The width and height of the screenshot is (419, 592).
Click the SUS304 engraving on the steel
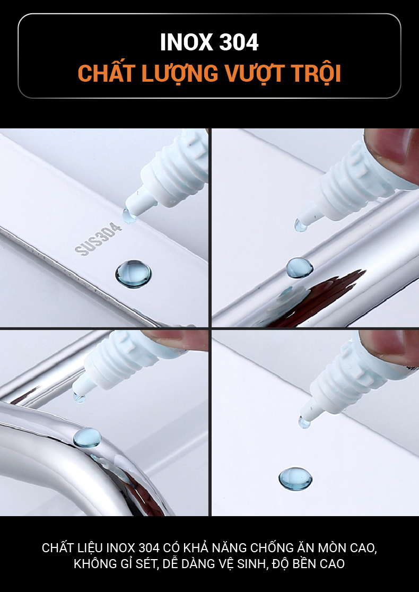pos(98,239)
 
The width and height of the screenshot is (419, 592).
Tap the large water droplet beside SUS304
pos(133,274)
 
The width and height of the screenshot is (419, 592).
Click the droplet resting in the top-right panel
pos(299,268)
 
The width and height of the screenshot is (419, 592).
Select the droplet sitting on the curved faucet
pos(87,438)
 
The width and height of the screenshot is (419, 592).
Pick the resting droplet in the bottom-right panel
pos(295,478)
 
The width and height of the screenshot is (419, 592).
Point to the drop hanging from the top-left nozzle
pos(129,216)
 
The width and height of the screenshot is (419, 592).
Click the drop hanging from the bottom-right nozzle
pos(304,422)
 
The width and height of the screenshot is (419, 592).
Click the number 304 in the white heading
pos(239,42)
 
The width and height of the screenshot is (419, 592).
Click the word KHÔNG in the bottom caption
pos(94,563)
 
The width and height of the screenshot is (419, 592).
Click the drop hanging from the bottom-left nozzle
pos(79,398)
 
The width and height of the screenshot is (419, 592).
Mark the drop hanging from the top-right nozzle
pos(301,226)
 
